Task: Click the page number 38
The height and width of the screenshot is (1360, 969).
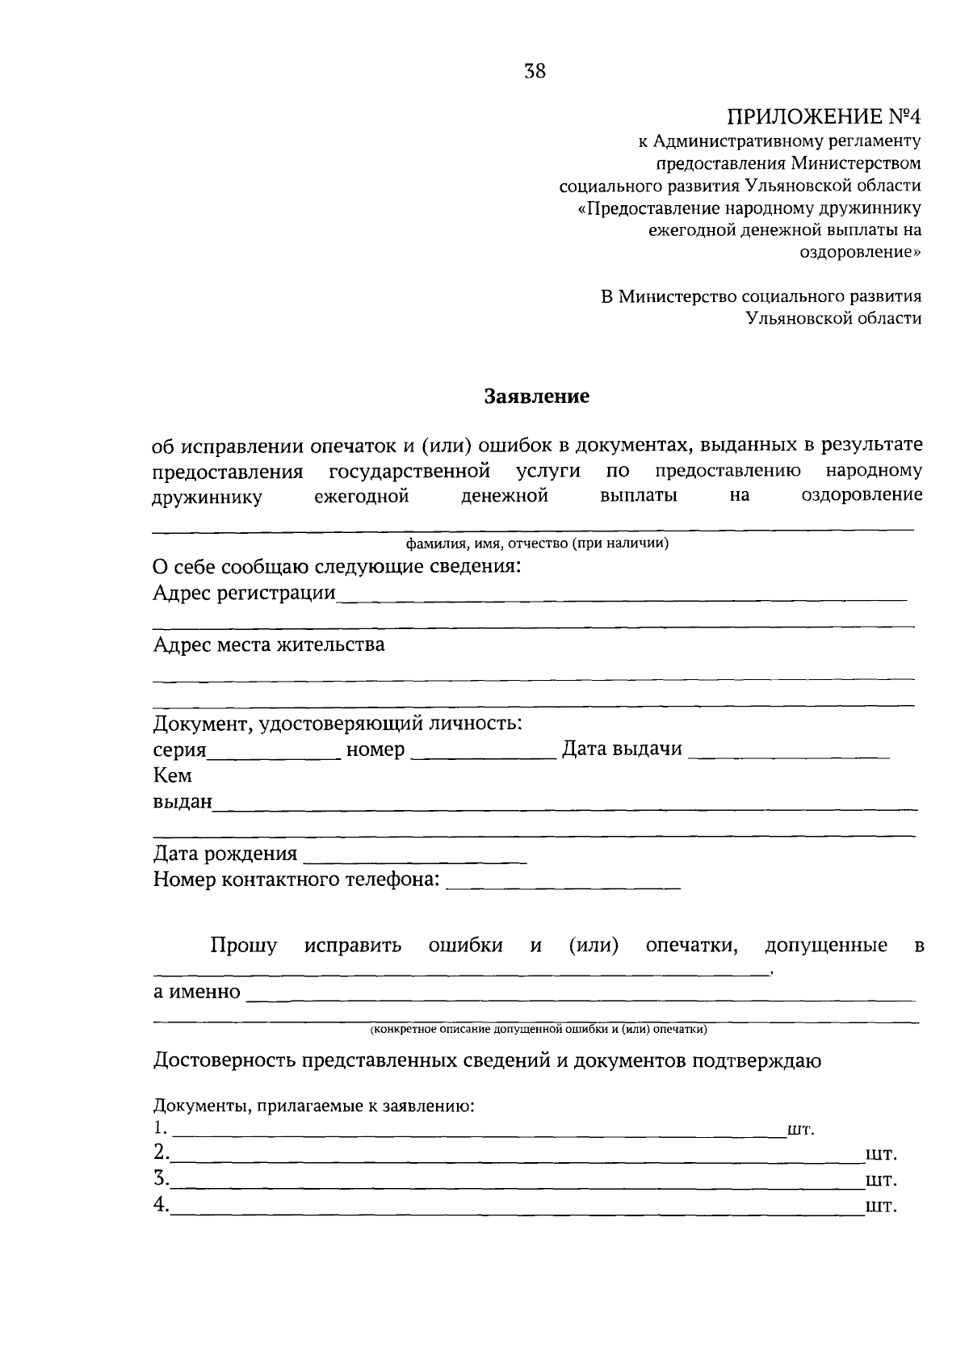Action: [535, 72]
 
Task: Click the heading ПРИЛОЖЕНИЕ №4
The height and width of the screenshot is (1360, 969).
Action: [824, 117]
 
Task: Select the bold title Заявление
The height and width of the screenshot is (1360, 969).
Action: [537, 397]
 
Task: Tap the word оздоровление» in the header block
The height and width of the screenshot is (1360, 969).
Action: [860, 252]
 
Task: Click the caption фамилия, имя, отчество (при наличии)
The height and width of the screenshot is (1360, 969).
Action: [537, 544]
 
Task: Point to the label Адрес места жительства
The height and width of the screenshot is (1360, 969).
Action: [269, 644]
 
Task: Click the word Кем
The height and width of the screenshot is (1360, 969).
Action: [173, 776]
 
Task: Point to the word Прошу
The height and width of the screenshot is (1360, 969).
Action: [243, 946]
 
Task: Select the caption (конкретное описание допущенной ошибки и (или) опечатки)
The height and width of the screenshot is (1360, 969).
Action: [539, 1030]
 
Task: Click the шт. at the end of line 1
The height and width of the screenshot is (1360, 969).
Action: [800, 1130]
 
